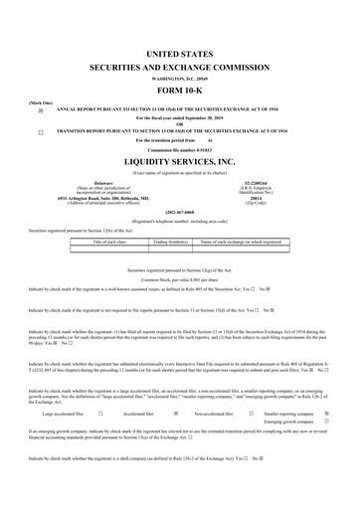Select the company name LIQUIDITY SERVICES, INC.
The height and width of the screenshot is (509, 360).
pos(179,159)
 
